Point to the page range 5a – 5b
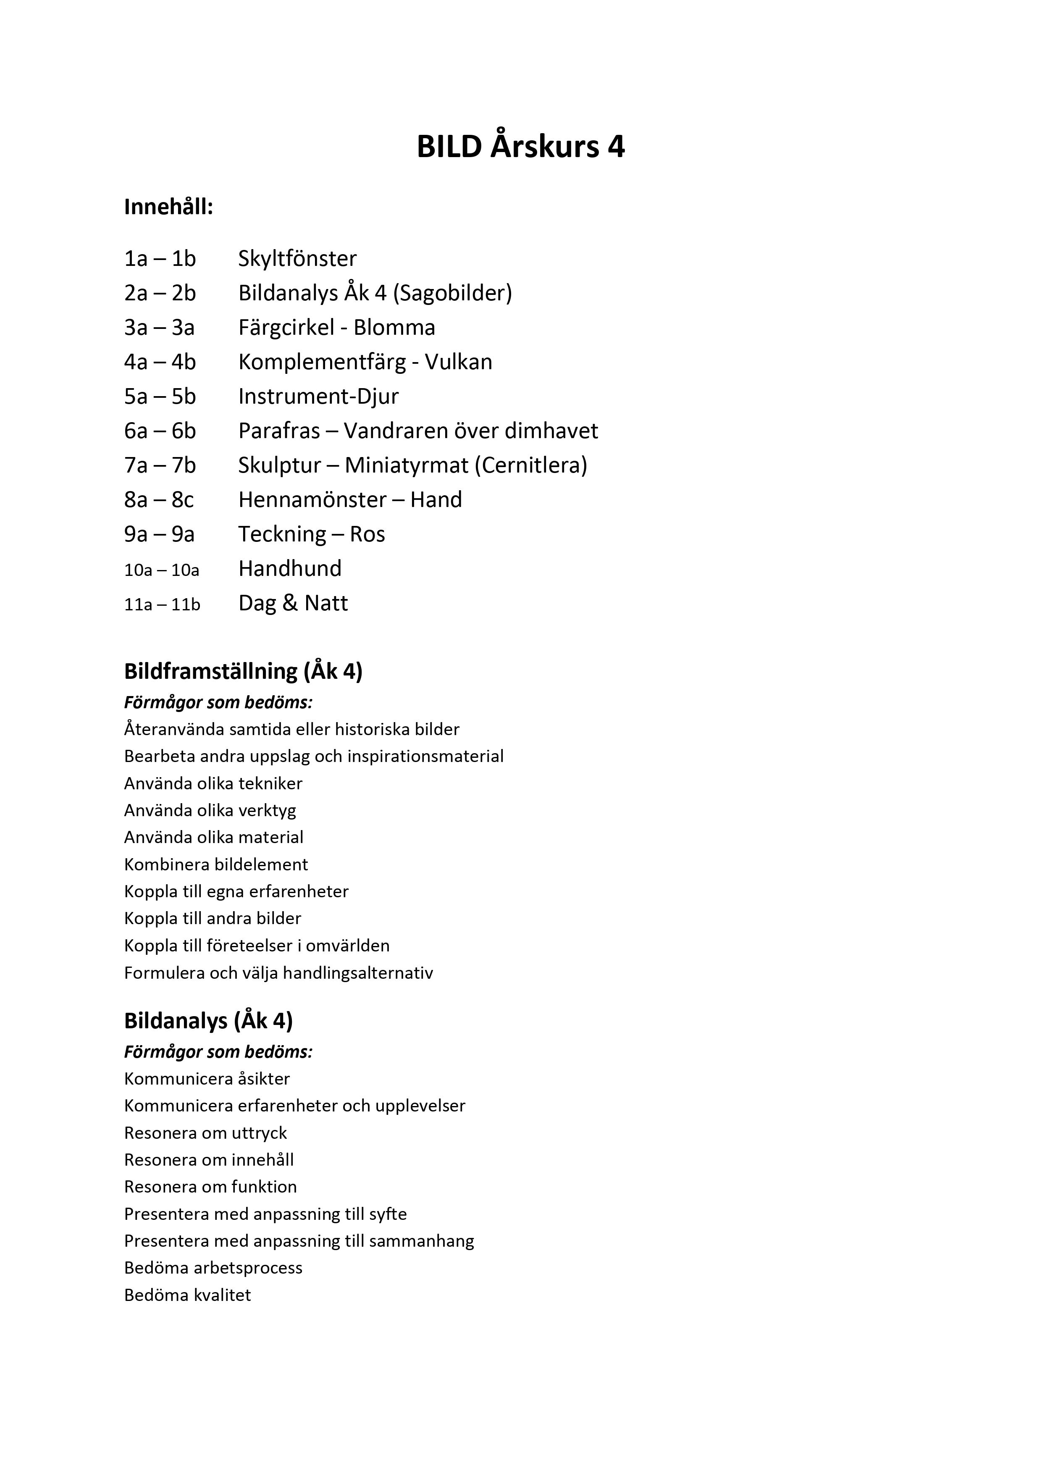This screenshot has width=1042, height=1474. (x=160, y=396)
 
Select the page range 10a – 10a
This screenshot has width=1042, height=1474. (x=162, y=570)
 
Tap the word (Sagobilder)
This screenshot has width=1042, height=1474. (x=453, y=293)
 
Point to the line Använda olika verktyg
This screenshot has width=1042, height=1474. (x=210, y=810)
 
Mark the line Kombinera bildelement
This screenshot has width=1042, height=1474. (x=216, y=864)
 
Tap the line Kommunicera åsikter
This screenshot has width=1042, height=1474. (x=207, y=1079)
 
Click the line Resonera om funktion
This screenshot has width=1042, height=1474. (x=210, y=1186)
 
